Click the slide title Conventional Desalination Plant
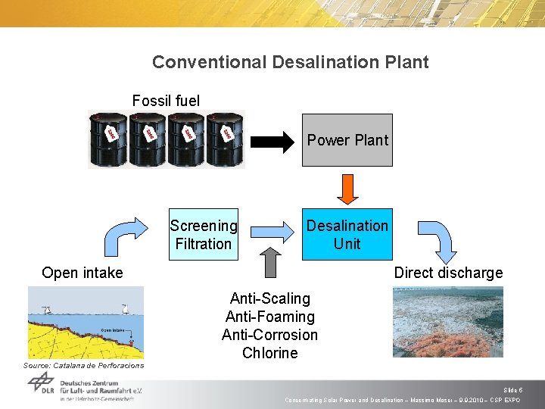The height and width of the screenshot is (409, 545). click(290, 62)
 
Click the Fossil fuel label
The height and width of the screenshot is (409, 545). click(166, 101)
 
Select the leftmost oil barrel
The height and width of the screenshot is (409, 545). click(107, 139)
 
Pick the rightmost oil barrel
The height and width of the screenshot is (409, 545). click(225, 139)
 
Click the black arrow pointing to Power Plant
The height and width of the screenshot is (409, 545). click(272, 141)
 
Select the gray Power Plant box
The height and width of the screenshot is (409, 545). click(347, 140)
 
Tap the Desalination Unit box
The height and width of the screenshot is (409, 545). click(347, 234)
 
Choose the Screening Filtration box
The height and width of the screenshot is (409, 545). click(203, 234)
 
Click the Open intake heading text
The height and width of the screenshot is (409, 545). click(83, 273)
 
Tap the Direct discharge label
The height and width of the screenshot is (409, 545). click(448, 273)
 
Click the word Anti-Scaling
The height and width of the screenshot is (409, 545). click(270, 298)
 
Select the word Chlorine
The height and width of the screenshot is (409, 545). click(270, 353)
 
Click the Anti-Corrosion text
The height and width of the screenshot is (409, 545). click(270, 335)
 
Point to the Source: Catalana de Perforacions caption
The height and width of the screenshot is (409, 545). click(83, 366)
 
